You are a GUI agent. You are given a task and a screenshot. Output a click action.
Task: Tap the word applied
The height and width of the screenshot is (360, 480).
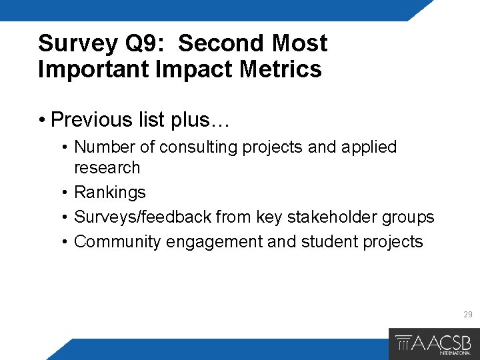tap(369, 147)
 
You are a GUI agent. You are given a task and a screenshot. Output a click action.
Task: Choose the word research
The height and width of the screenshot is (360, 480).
tap(107, 167)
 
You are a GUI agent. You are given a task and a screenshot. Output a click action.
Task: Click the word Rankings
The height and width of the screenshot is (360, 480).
tap(109, 193)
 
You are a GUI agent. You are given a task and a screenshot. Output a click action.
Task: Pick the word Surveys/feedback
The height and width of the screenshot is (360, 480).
tap(133, 217)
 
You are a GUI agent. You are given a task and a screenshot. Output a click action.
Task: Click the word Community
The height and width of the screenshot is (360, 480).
tap(117, 241)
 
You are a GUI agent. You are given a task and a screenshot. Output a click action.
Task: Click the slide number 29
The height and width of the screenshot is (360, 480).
tap(467, 315)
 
